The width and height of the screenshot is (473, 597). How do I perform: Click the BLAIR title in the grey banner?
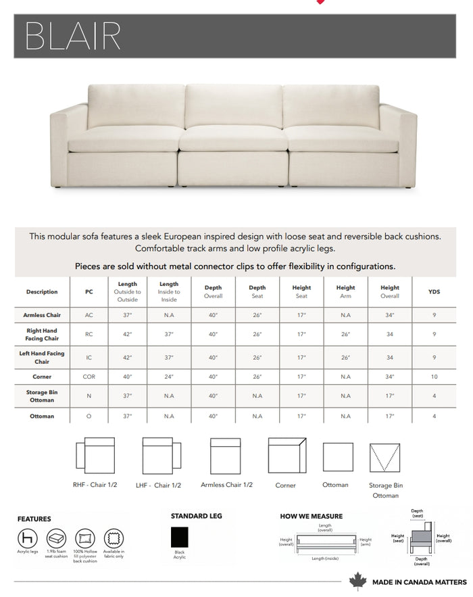click(x=73, y=36)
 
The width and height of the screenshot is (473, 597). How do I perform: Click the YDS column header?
click(x=434, y=291)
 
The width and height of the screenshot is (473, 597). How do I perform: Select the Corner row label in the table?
click(x=42, y=377)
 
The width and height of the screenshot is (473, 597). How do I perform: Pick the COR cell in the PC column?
click(x=89, y=377)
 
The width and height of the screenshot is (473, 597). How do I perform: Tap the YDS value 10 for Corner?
click(x=434, y=377)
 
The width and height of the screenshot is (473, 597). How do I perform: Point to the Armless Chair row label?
click(x=42, y=315)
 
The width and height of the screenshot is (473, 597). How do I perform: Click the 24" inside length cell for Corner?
click(x=169, y=377)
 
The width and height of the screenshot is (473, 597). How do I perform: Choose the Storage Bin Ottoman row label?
click(x=42, y=396)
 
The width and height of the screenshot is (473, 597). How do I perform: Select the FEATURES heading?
click(x=34, y=519)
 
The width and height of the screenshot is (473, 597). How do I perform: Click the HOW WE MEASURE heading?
click(x=312, y=516)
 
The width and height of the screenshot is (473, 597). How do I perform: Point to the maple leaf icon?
click(x=357, y=581)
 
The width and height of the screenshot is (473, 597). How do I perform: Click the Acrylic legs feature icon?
click(x=27, y=538)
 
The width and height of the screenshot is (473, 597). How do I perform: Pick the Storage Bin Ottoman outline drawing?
click(x=385, y=458)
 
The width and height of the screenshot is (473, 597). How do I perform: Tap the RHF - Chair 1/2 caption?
click(x=95, y=485)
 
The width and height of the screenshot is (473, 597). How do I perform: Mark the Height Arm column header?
click(x=345, y=291)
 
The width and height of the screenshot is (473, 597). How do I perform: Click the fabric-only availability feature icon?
click(x=114, y=538)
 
